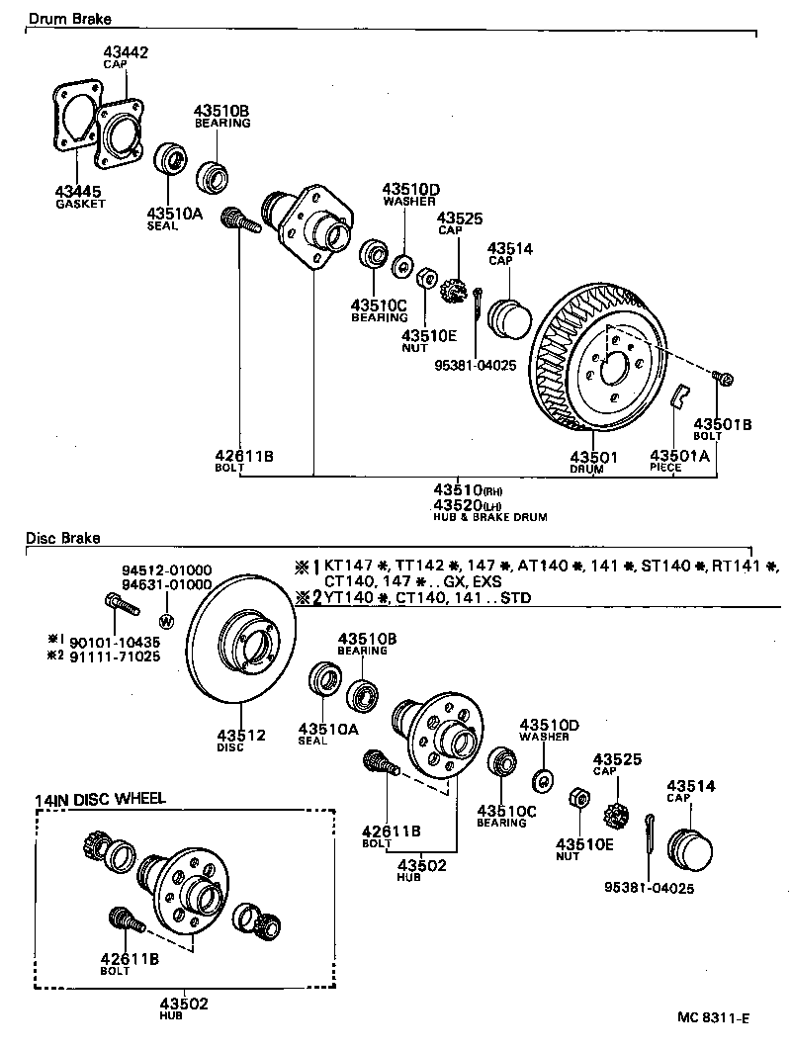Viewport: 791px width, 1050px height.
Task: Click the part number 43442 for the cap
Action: click(126, 52)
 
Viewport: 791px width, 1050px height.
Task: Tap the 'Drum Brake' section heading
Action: click(68, 19)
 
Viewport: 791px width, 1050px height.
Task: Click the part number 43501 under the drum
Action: click(593, 456)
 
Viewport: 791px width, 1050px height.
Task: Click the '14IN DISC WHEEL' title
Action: click(100, 799)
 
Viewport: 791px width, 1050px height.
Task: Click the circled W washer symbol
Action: click(165, 621)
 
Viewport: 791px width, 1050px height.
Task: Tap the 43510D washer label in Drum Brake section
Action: click(411, 189)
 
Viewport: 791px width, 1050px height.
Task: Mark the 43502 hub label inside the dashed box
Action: click(184, 1004)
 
